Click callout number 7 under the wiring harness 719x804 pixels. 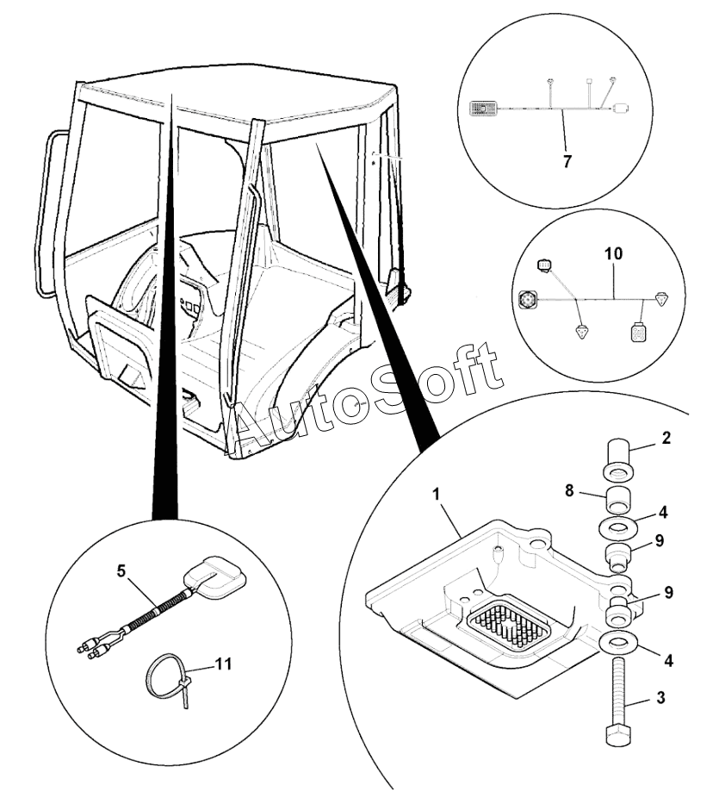pos(567,162)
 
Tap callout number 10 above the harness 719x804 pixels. pos(614,254)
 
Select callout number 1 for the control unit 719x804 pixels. pos(437,495)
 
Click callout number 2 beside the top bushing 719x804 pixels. pos(666,439)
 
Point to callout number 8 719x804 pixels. pos(569,490)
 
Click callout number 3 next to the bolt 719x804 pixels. pos(661,698)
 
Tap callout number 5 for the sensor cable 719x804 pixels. pos(121,571)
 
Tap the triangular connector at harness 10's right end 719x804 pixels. pos(661,298)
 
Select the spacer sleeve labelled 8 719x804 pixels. pos(618,501)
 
